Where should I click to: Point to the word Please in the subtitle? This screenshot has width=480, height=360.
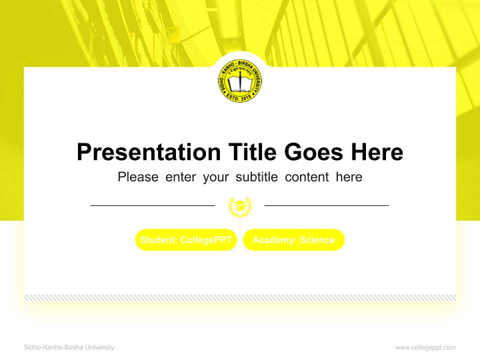point(138,177)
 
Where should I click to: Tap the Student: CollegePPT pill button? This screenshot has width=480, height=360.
point(186,240)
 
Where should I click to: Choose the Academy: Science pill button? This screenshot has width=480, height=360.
point(294,240)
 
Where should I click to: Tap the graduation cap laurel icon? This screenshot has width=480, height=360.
point(240,206)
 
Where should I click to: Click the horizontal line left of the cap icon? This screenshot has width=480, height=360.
point(152,205)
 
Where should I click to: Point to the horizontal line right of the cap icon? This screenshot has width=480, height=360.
point(326,205)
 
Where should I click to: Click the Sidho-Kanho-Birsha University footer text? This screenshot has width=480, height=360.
point(69,347)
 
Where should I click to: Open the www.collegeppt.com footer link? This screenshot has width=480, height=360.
point(425,347)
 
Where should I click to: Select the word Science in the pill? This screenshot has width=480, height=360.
point(317,240)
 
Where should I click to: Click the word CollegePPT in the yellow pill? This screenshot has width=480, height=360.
point(206,240)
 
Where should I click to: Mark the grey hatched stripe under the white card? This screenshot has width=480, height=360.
point(240,297)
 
